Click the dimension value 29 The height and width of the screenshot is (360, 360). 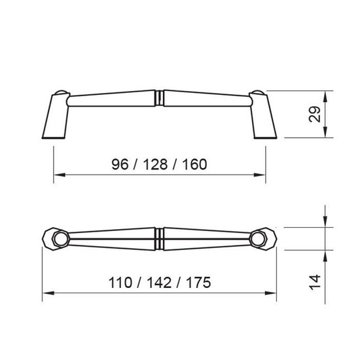(315, 114)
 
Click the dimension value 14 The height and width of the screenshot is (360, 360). (315, 282)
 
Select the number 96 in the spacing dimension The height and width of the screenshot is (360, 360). (120, 164)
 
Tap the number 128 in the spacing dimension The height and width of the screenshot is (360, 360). (155, 164)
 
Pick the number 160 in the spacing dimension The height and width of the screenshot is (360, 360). (194, 164)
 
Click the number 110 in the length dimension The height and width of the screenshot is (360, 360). (120, 283)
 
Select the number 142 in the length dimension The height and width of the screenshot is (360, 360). (159, 283)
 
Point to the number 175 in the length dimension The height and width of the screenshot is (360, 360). (198, 283)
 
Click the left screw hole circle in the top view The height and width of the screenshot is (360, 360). (61, 239)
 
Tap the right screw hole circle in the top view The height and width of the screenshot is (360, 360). (258, 239)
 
